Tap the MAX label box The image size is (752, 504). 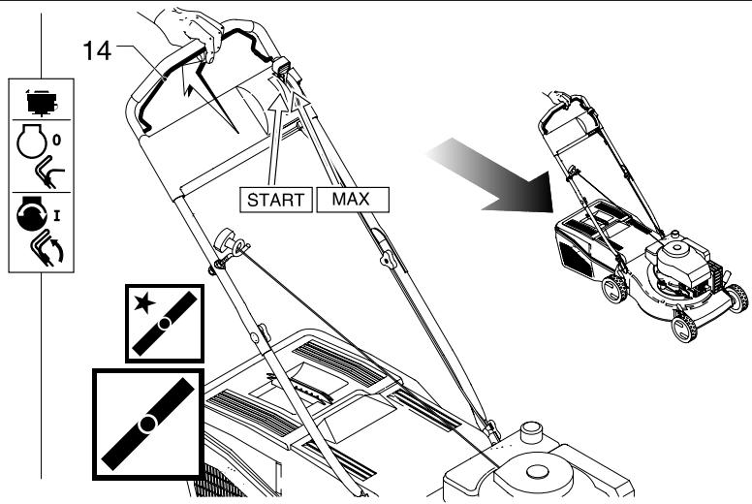pyautogui.click(x=353, y=201)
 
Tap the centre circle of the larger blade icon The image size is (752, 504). pyautogui.click(x=147, y=424)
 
